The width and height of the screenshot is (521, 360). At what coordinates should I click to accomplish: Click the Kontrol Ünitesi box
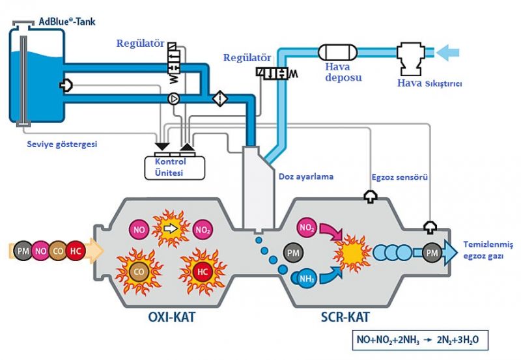point(170,167)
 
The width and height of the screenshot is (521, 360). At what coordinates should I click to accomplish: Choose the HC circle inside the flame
point(202,271)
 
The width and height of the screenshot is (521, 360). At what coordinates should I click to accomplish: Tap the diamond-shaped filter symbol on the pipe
point(221,98)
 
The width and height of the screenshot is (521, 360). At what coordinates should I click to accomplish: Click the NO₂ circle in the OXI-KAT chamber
point(203,229)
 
